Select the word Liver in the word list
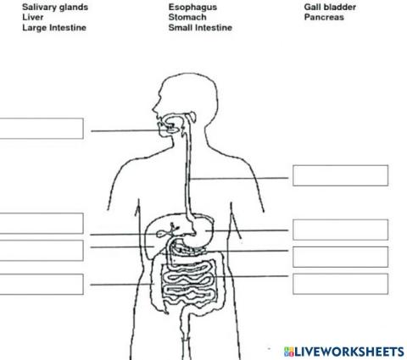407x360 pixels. coord(33,17)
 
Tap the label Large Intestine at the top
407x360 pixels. coord(54,27)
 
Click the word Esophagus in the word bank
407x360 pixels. coord(192,7)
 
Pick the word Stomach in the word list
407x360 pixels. coord(187,17)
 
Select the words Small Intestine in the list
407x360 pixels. coord(200,27)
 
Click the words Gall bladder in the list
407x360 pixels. coord(330,7)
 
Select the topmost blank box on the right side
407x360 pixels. coord(339,175)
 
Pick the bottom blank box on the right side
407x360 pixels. coord(339,283)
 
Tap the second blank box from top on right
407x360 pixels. coord(339,229)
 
